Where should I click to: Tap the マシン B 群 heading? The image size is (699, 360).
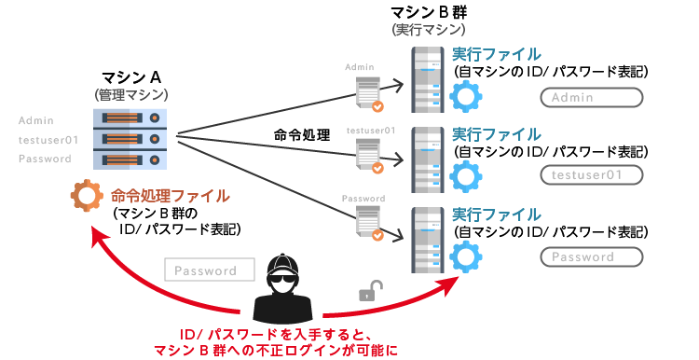coord(430,14)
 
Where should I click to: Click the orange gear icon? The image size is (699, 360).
coord(86,196)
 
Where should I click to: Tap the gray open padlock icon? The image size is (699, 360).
coord(367,293)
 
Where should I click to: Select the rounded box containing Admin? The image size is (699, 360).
coord(592,98)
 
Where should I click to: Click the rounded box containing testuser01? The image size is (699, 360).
coord(592,174)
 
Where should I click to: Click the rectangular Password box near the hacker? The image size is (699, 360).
coord(212,271)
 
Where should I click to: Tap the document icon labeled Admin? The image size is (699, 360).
coord(366,90)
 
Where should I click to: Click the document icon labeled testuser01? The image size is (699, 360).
coord(366,157)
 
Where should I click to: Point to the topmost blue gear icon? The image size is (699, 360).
coord(463,95)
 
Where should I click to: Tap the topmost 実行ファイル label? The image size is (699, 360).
coord(496,54)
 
